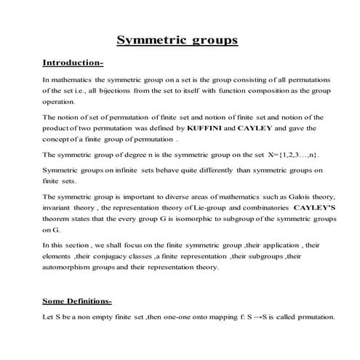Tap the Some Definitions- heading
pos(77,300)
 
